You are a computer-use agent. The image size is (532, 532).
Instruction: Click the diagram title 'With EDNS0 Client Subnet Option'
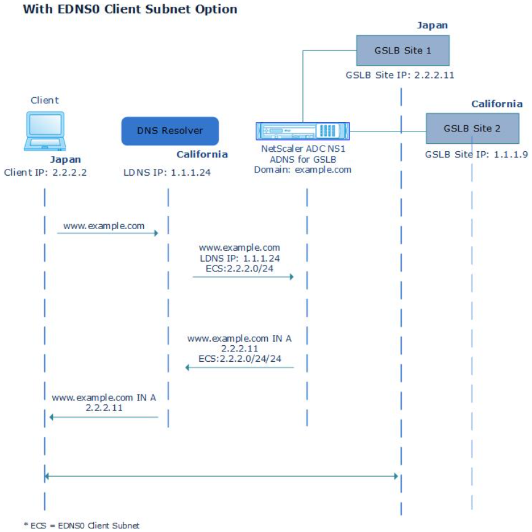click(130, 9)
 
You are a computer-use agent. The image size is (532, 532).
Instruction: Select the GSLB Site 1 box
click(402, 50)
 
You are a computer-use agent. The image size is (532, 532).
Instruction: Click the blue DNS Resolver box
click(170, 130)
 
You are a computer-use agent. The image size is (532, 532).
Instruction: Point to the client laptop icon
click(44, 131)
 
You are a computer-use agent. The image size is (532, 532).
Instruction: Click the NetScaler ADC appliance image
click(302, 130)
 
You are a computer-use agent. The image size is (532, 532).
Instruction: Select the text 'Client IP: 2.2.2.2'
click(45, 173)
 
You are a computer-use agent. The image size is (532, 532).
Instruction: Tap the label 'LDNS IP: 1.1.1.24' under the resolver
click(166, 173)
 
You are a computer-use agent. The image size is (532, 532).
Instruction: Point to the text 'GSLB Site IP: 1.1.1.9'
click(476, 155)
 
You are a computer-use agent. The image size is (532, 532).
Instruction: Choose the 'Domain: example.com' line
click(303, 170)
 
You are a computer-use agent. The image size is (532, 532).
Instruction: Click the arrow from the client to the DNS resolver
click(108, 233)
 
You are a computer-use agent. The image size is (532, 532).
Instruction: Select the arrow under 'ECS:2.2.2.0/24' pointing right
click(243, 277)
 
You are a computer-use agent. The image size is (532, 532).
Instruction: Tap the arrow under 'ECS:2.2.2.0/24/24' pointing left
click(240, 367)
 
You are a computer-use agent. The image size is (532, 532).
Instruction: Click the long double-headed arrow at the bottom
click(221, 475)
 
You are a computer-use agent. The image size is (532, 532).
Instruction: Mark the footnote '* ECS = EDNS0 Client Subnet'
click(82, 525)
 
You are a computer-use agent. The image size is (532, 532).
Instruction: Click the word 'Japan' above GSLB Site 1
click(432, 25)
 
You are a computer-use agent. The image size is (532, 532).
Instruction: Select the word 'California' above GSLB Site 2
click(496, 104)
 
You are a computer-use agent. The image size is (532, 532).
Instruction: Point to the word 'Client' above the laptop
click(44, 100)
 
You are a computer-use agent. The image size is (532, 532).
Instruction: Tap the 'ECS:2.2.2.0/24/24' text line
click(240, 357)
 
